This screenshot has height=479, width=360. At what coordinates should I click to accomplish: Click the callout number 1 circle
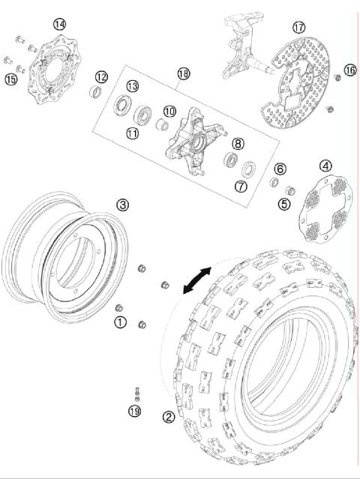pos(118,322)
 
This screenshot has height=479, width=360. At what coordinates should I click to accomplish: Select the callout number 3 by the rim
pos(122,204)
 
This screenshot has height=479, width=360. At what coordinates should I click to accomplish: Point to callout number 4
pos(325,166)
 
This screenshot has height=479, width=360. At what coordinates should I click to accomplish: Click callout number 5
pos(283,202)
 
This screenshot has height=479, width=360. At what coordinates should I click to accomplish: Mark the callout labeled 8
pos(237,143)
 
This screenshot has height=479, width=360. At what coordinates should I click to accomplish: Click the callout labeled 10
pos(169,111)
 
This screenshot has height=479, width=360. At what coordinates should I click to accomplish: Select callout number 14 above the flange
pos(58,24)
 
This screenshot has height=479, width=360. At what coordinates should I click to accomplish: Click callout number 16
pos(349,70)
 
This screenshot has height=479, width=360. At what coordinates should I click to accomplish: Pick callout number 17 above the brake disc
pos(298,27)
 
